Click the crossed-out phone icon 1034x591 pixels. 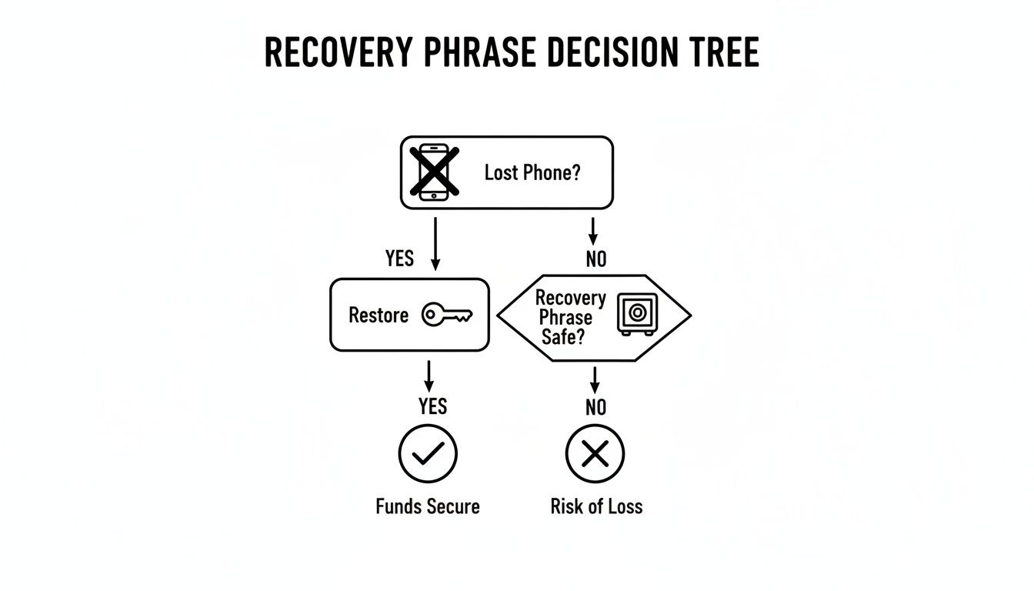(434, 172)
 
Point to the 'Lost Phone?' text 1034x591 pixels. (532, 172)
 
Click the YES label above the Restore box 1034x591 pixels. (399, 259)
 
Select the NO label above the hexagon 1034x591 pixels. (595, 259)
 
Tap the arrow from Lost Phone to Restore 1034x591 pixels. (435, 242)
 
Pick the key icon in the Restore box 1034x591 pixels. (447, 315)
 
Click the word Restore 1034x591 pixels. (379, 316)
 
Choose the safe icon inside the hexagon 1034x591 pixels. (637, 315)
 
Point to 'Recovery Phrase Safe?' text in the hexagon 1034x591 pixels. (570, 317)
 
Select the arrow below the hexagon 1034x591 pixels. (594, 379)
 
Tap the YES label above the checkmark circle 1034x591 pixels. (432, 406)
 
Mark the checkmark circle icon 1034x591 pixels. (428, 454)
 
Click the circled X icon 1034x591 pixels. (595, 454)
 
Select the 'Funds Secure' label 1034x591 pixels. (428, 506)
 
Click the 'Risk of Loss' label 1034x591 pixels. (596, 506)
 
